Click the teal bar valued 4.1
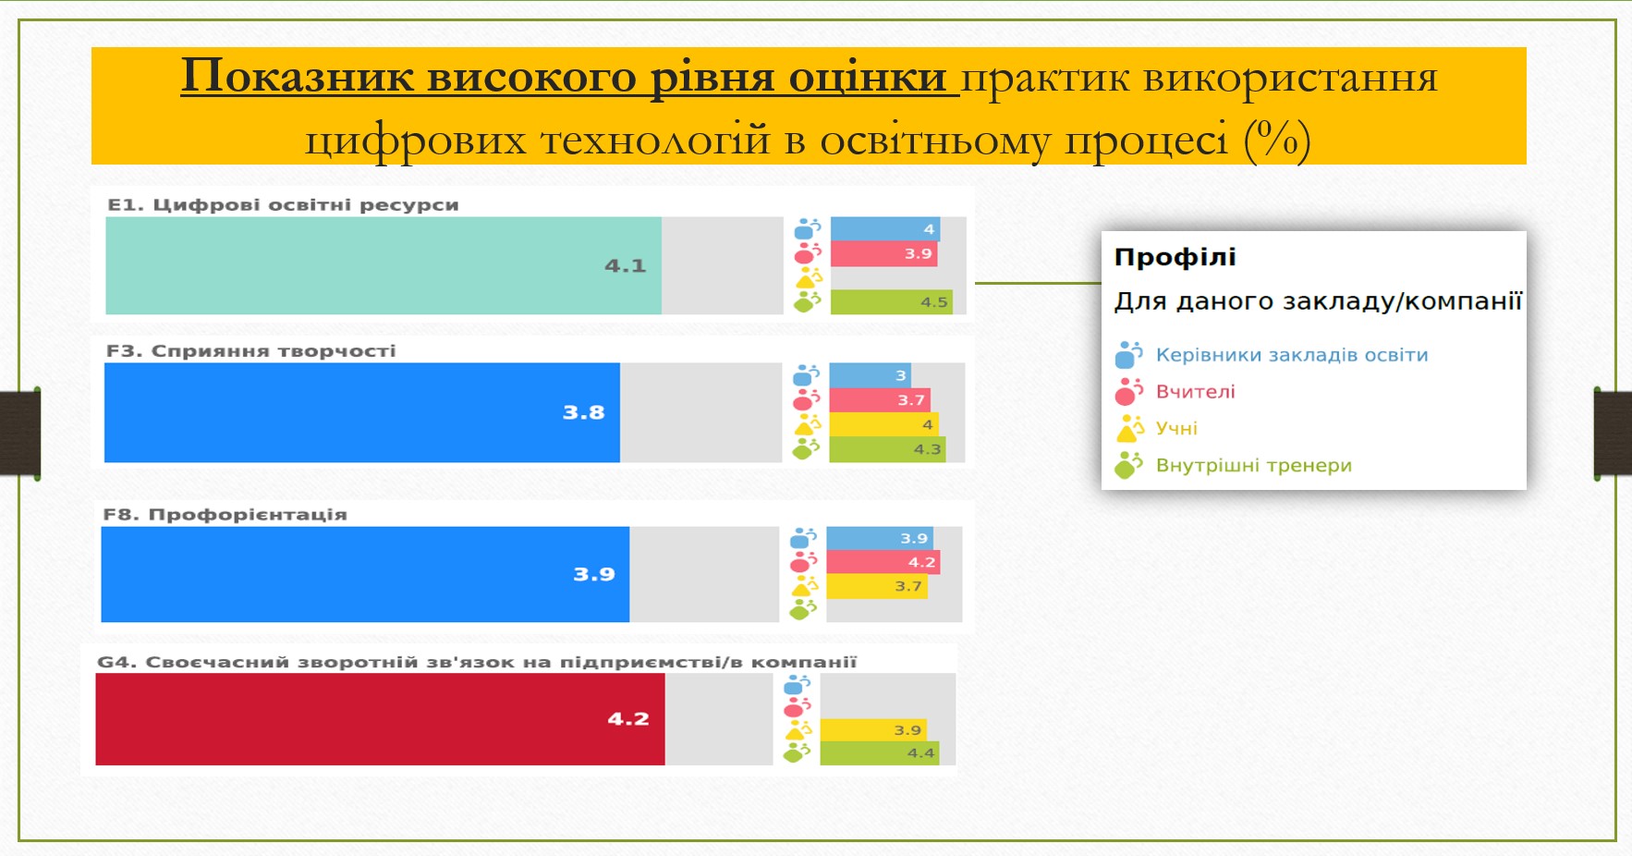tap(384, 266)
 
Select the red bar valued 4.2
tap(380, 719)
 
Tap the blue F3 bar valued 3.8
tap(362, 412)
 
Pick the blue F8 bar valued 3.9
tap(365, 574)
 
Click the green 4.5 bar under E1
tap(891, 302)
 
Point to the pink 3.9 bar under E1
tap(884, 253)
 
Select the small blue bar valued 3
tap(871, 375)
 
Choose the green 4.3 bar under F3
tap(887, 449)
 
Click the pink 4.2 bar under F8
tap(883, 562)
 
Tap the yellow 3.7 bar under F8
tap(877, 586)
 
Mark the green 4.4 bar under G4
tap(880, 753)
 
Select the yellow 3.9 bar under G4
tap(873, 730)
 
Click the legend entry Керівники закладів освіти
tap(1292, 355)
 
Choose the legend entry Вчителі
tap(1195, 392)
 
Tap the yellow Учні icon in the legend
tap(1130, 429)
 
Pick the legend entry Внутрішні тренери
tap(1253, 466)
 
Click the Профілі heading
tap(1175, 257)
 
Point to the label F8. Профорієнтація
tap(225, 515)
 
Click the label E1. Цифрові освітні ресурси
tap(283, 205)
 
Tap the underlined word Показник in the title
tap(297, 76)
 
